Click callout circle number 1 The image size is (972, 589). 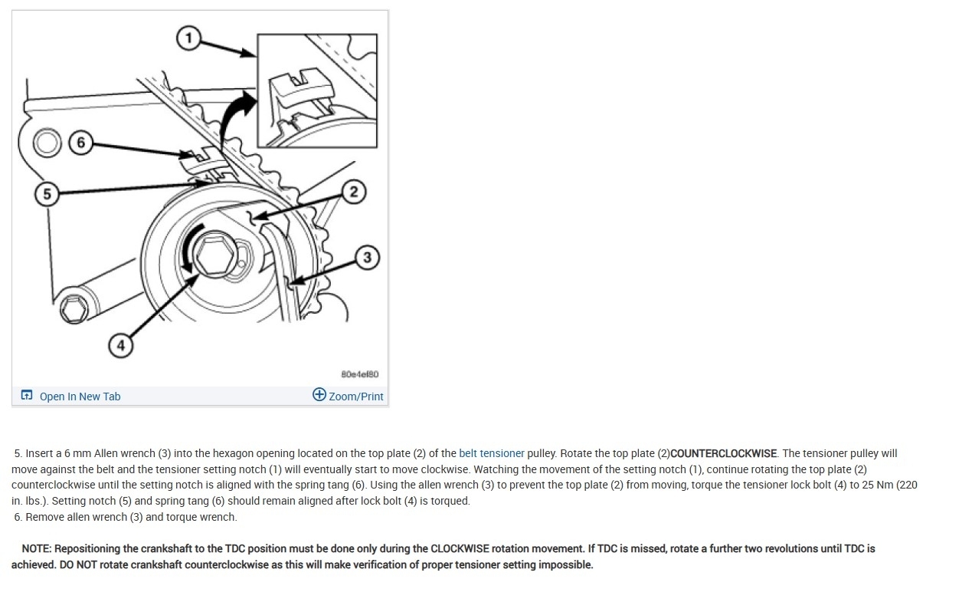point(188,38)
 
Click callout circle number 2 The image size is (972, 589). point(354,192)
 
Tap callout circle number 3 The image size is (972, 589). point(367,257)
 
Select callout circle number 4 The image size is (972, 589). point(120,345)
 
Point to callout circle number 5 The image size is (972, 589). point(47,194)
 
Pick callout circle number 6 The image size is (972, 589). point(80,142)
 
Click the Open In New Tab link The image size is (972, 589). point(80,397)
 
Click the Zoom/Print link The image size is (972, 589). point(356,397)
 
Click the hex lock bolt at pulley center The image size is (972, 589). point(215,255)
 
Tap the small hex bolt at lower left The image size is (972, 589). point(74,309)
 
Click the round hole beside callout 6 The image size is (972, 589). point(47,143)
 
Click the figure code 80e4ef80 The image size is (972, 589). point(360,374)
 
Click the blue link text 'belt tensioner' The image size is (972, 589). point(492,453)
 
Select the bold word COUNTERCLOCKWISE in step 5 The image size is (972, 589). point(724,453)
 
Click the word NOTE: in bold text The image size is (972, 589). point(37,548)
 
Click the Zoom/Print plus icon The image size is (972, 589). point(319,394)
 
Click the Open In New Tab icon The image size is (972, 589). point(27,395)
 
